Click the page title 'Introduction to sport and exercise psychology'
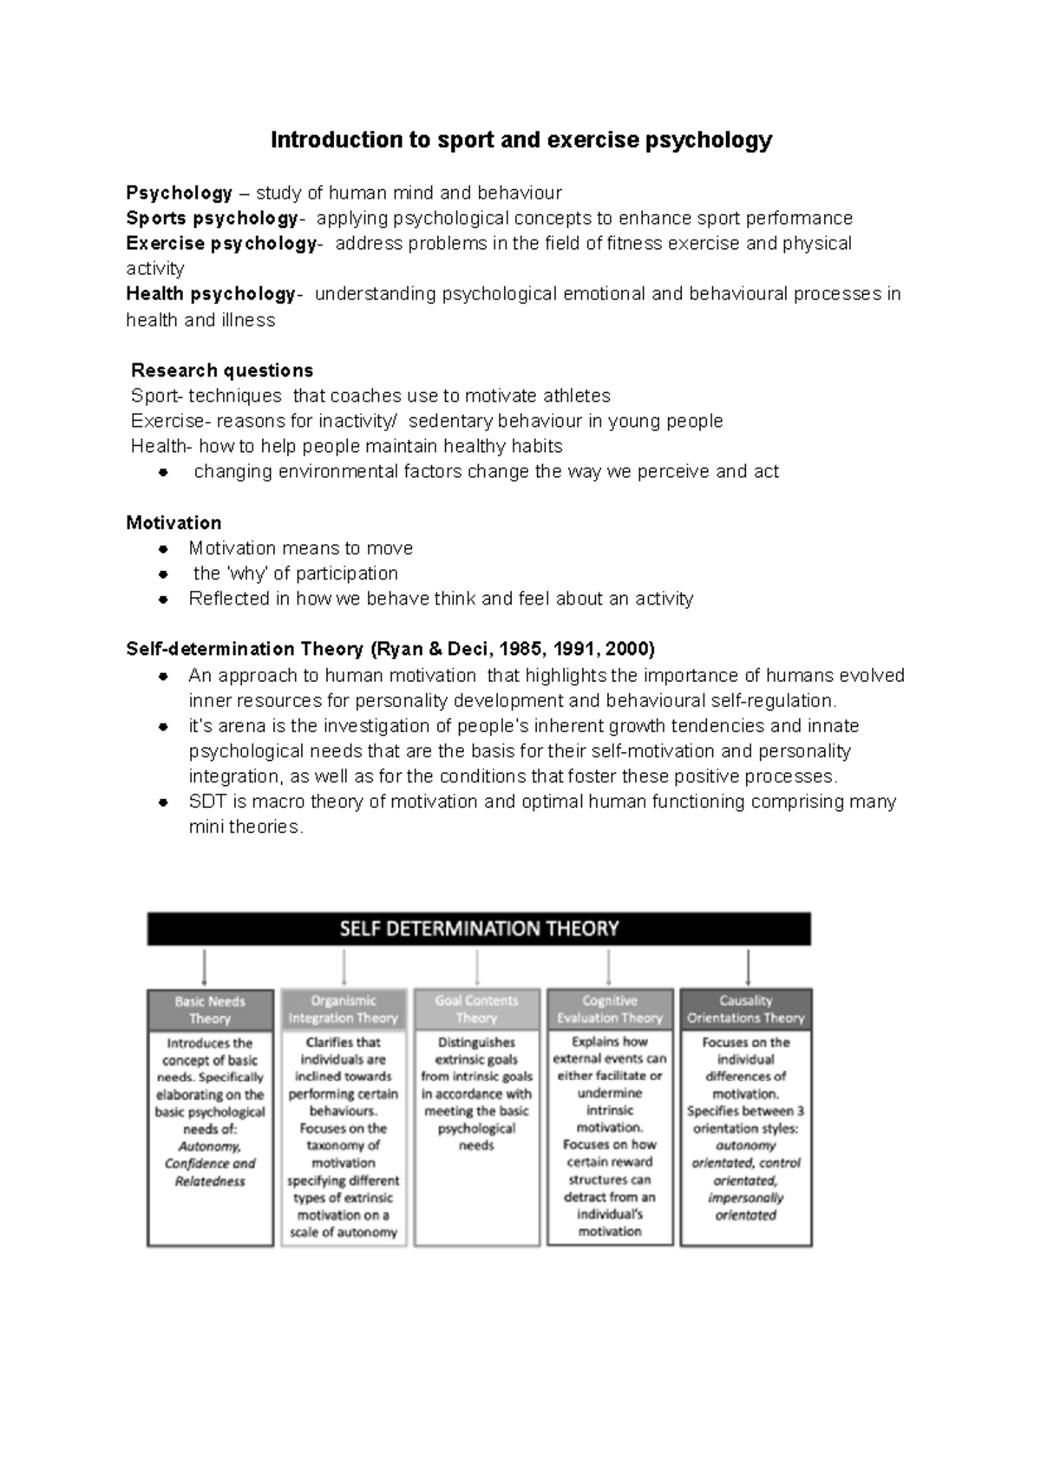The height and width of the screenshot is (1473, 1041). [x=520, y=141]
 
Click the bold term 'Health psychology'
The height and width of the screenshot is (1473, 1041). [x=210, y=294]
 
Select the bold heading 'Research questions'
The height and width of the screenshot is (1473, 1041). [x=221, y=370]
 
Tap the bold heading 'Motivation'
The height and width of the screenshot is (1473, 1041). [x=173, y=523]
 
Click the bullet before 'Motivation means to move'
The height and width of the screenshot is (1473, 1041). [x=162, y=549]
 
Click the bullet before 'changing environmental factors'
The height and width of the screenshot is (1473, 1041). [x=162, y=473]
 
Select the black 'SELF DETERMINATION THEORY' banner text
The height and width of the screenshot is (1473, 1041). [x=479, y=929]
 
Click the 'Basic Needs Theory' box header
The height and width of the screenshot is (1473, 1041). [x=210, y=1010]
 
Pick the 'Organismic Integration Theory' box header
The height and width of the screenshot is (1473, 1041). [x=344, y=1010]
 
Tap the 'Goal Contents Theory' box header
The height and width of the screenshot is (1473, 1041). [x=476, y=1010]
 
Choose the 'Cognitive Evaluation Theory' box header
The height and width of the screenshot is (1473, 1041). [x=610, y=1010]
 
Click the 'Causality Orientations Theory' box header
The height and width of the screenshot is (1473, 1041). [x=746, y=1010]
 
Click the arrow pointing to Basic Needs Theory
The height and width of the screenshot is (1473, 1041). [x=205, y=966]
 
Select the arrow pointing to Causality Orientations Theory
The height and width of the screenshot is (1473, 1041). [x=748, y=966]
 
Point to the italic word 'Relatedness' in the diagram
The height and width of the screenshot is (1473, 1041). [x=210, y=1182]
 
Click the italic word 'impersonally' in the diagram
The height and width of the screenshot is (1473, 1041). [x=745, y=1198]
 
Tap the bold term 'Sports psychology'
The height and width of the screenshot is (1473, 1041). [x=212, y=218]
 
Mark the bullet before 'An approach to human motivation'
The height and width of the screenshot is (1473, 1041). [x=162, y=677]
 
